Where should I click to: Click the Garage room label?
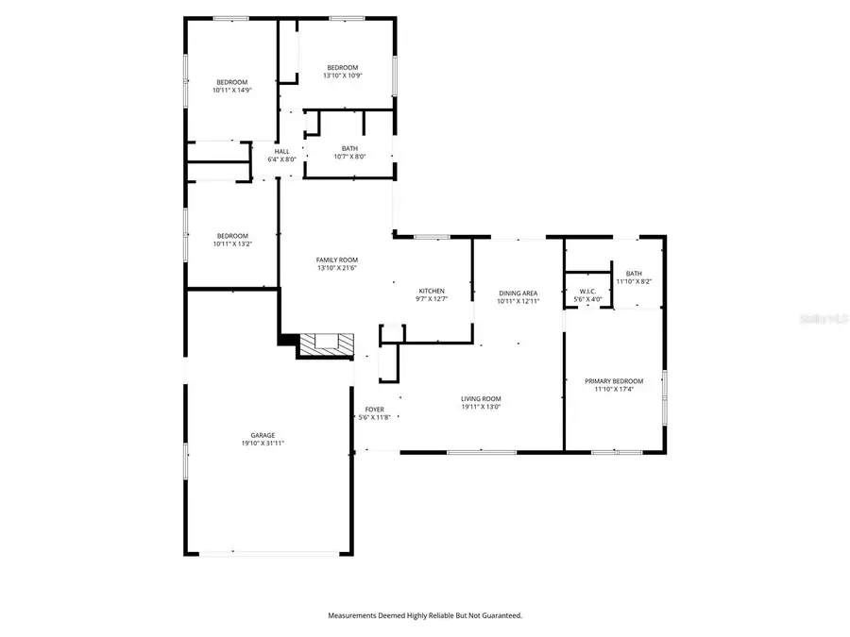pos(263,435)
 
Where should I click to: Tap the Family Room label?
pos(336,260)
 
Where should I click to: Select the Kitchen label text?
pos(433,291)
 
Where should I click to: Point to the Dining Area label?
pos(518,293)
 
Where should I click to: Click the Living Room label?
pos(481,399)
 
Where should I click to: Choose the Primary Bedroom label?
pos(613,380)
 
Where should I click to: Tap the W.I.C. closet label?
pos(587,292)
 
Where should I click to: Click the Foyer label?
pos(374,410)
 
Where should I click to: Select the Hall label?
pos(282,152)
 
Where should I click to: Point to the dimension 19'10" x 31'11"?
pos(263,443)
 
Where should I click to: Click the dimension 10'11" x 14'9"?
pos(231,91)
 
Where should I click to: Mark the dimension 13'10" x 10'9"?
pos(342,75)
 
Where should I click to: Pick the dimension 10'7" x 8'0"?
pos(349,157)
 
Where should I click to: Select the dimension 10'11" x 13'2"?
pos(232,243)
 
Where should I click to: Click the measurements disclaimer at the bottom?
pos(424,615)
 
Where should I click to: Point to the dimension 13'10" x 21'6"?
pos(336,268)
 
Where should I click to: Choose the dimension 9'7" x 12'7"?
pos(433,299)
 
